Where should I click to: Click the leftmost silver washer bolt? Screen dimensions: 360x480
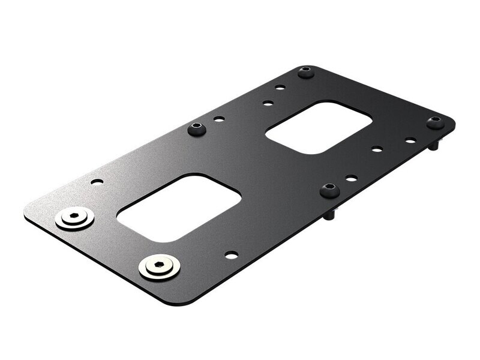74,218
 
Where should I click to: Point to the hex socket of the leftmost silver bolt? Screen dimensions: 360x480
74,216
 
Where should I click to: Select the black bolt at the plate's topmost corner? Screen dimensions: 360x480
305,73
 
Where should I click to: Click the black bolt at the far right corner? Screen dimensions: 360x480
436,123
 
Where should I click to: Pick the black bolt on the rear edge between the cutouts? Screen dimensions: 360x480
197,128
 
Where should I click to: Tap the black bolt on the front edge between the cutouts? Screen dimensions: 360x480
329,191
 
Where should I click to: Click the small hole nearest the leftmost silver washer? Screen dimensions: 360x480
97,181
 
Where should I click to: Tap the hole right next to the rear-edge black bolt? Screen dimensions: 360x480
219,119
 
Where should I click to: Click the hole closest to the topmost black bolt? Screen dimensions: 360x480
280,88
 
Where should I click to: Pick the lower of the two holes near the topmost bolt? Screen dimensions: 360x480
268,103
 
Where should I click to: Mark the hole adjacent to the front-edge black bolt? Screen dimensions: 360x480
351,178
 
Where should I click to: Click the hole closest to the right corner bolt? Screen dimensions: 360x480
410,140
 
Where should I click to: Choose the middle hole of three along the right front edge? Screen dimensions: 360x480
377,149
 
